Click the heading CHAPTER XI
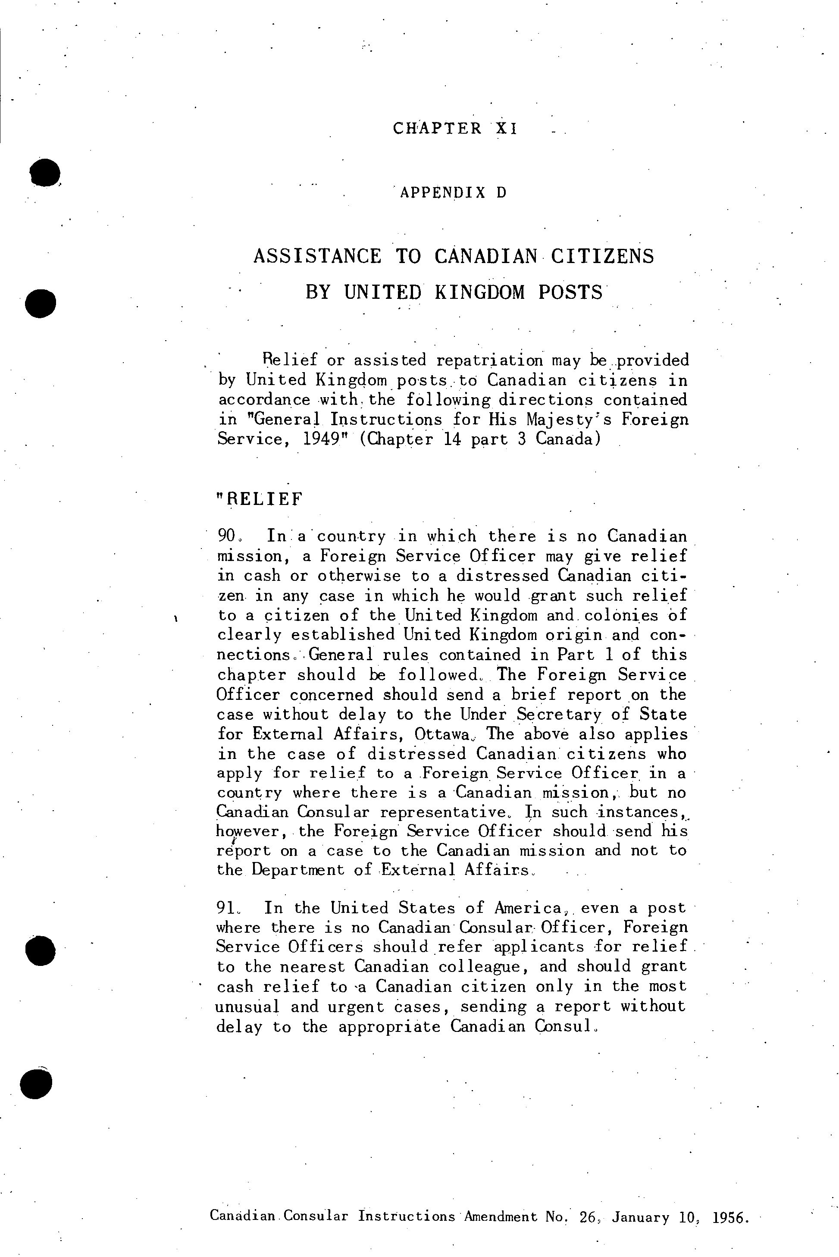(455, 129)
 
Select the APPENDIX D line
(453, 193)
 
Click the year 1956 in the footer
(730, 1217)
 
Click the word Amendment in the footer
(500, 1216)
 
